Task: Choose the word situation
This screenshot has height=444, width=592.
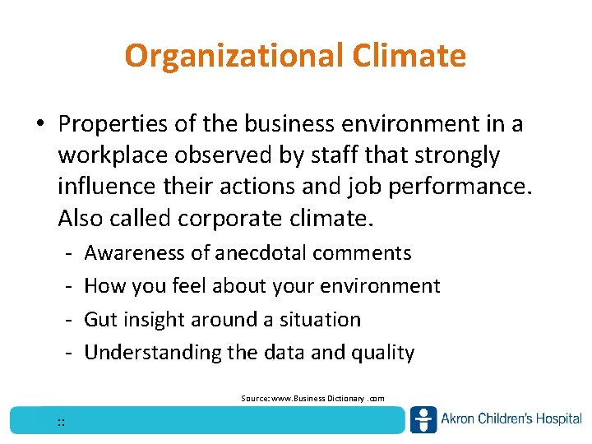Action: coord(320,319)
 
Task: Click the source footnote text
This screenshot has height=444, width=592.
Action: coord(312,398)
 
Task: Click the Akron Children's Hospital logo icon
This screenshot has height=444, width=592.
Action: coord(423,419)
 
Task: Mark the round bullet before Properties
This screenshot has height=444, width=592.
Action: coord(39,125)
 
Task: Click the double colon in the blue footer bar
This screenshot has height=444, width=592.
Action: coord(62,423)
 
